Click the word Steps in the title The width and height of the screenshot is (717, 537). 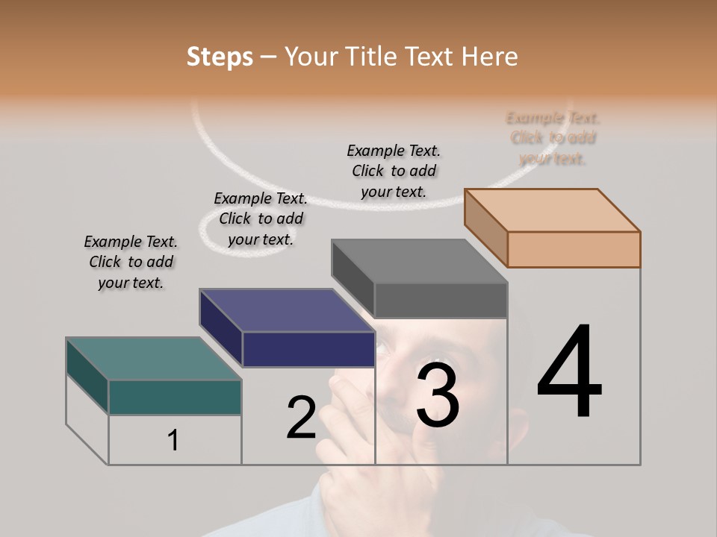[220, 57]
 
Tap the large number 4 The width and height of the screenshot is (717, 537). [569, 373]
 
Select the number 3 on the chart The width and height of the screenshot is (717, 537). [437, 395]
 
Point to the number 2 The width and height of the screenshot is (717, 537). [301, 418]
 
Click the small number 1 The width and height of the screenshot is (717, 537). [173, 441]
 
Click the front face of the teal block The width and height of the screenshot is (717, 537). [175, 397]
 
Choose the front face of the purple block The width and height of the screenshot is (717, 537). [308, 349]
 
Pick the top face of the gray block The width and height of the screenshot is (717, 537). [419, 261]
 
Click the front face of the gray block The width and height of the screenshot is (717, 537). [441, 301]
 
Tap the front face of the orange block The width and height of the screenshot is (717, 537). [574, 249]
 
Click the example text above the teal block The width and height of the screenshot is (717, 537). [131, 262]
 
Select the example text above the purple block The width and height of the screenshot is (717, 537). [261, 219]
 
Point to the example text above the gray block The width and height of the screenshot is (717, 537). [394, 171]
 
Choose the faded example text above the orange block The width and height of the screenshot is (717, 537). [553, 138]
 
